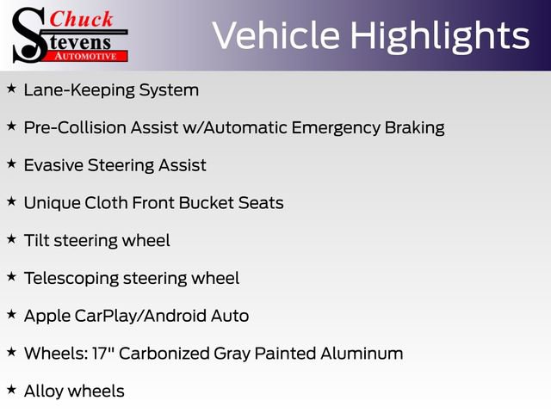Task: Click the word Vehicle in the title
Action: click(275, 36)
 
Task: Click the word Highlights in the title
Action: click(438, 36)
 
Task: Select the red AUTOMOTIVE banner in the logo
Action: click(85, 55)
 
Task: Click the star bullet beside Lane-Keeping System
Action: click(11, 89)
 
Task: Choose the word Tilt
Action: click(36, 240)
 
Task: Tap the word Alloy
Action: click(44, 391)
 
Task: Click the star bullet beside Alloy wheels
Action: click(11, 390)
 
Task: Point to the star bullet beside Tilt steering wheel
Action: click(11, 239)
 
